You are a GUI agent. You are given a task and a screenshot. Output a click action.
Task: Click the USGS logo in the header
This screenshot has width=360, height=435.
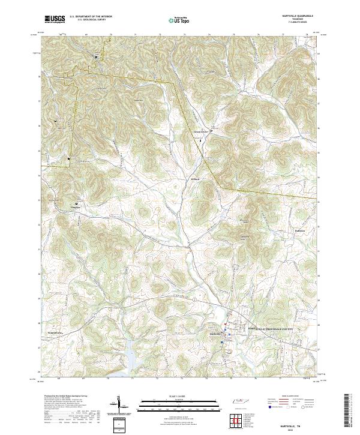click(x=55, y=19)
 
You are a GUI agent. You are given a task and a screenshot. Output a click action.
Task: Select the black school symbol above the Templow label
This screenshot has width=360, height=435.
click(x=76, y=203)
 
